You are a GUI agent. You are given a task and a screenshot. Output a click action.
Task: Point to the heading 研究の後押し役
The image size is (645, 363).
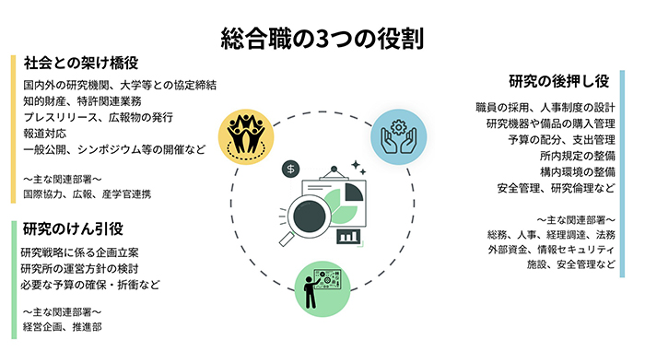(x=565, y=80)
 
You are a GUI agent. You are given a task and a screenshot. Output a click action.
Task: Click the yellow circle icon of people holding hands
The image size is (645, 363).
(x=244, y=136)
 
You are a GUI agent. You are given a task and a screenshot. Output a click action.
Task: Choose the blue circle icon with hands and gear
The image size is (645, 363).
(x=399, y=136)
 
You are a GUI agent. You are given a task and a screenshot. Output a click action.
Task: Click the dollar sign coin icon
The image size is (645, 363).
(x=291, y=170)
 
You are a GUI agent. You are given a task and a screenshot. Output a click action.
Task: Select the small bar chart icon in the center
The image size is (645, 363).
(x=348, y=236)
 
